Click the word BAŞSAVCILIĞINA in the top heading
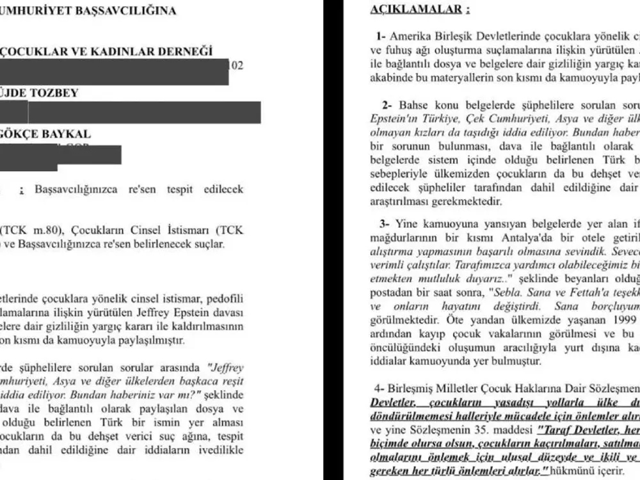coord(125,12)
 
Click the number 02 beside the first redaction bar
coord(236,65)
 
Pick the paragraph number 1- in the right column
coord(382,37)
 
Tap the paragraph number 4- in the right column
coord(380,388)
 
